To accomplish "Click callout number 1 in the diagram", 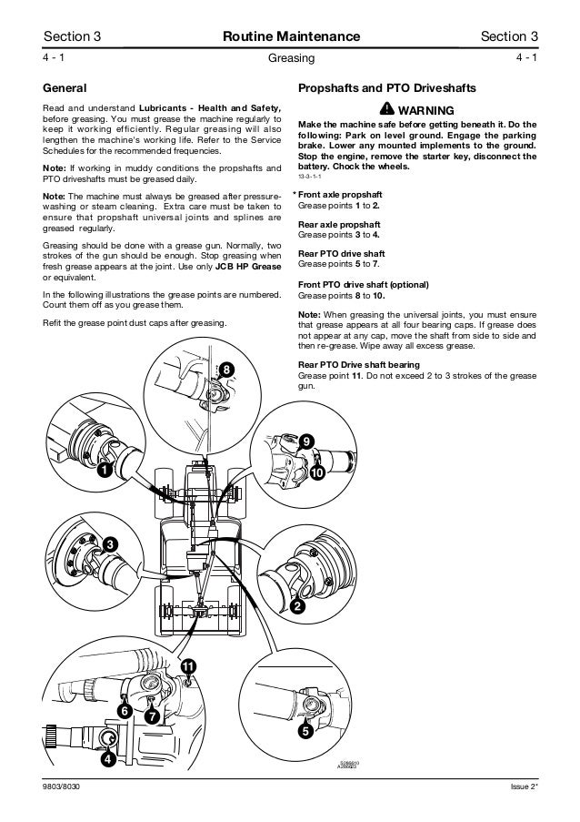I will [x=105, y=471].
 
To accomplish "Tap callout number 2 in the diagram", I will [x=298, y=607].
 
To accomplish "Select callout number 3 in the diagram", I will [x=108, y=543].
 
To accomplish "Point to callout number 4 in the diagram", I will [x=106, y=758].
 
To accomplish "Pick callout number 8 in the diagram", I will [x=226, y=369].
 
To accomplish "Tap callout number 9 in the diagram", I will [x=308, y=441].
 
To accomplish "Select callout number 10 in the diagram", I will [x=317, y=473].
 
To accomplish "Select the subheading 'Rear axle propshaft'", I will [x=339, y=224].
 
